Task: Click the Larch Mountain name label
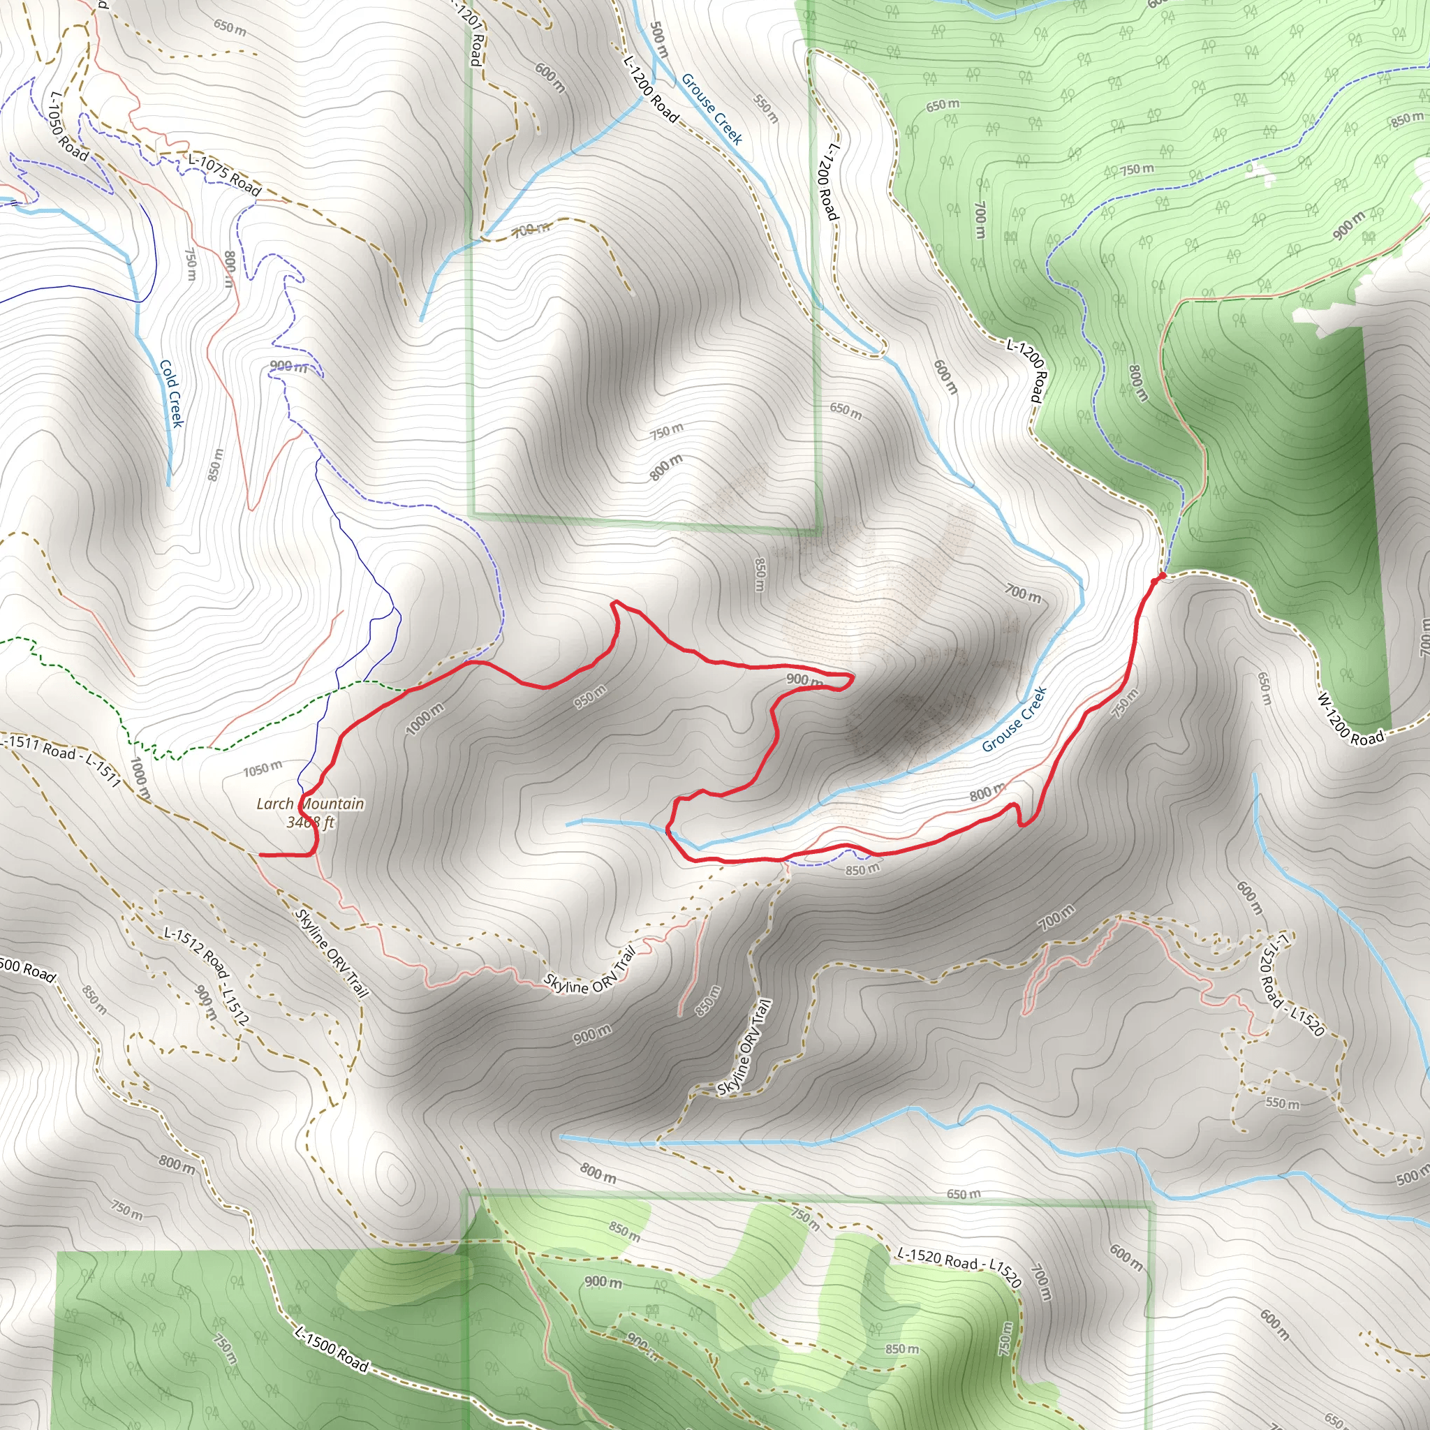310,803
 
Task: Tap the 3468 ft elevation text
310,822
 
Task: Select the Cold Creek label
171,394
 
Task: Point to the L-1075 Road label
225,175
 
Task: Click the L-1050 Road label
68,126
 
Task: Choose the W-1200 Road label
1349,718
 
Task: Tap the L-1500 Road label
331,1348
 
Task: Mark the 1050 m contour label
263,769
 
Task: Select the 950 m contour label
590,696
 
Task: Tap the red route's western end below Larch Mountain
260,855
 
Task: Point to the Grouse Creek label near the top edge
712,108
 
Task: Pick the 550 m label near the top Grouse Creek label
766,108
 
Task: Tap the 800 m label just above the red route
987,793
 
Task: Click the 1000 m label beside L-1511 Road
140,778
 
